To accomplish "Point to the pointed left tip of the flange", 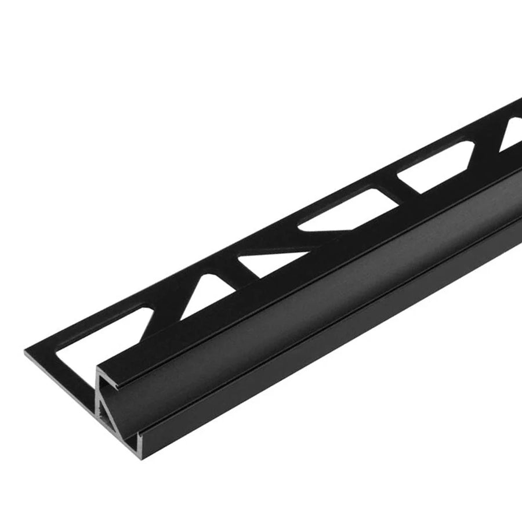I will pos(27,351).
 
